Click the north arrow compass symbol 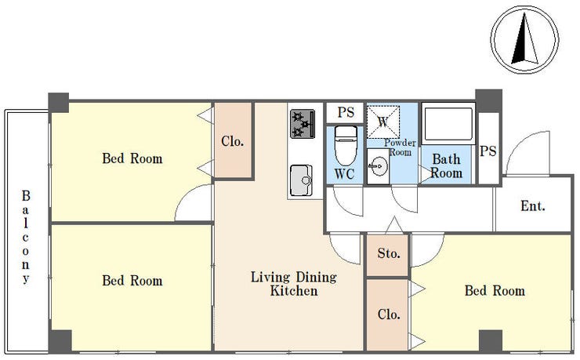coord(524,39)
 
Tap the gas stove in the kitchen coord(303,124)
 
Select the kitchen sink coord(301,180)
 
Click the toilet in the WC coord(346,145)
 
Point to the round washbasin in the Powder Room coord(378,166)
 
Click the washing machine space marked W coord(382,122)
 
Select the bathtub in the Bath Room coord(448,124)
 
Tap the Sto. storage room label coord(389,253)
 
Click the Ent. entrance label coord(533,205)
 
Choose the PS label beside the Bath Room coord(488,151)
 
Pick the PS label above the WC coord(346,112)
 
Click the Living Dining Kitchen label coord(294,284)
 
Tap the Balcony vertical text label coord(26,237)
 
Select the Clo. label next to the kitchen coord(232,141)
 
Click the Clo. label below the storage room coord(389,315)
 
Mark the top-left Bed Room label coord(132,158)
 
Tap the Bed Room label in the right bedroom coord(495,290)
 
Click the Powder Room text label coord(400,147)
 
